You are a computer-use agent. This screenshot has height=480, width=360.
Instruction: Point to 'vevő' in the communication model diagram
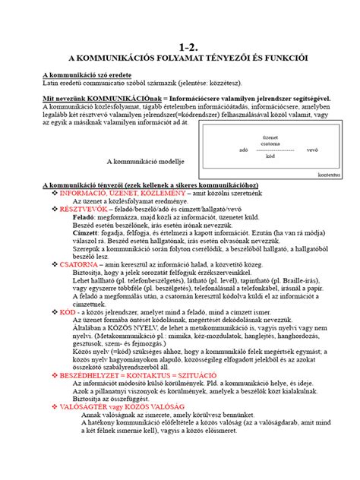pos(311,150)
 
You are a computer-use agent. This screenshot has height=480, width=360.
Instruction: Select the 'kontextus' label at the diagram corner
pos(329,174)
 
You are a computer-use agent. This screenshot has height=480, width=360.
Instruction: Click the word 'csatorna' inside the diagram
pos(270,143)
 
